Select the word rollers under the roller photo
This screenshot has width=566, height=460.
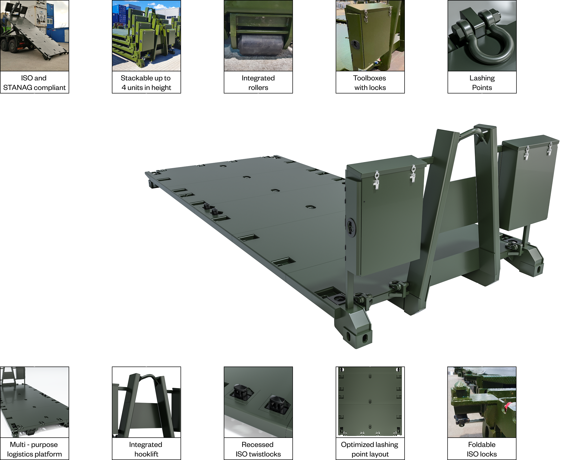point(258,88)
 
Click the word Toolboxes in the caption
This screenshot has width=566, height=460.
point(369,78)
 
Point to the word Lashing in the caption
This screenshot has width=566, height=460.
point(482,78)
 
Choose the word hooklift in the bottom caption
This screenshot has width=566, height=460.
point(146,454)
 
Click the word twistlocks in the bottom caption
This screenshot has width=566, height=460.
point(267,454)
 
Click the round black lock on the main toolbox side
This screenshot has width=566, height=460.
point(351,227)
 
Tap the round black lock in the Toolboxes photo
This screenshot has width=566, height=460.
point(355,43)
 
